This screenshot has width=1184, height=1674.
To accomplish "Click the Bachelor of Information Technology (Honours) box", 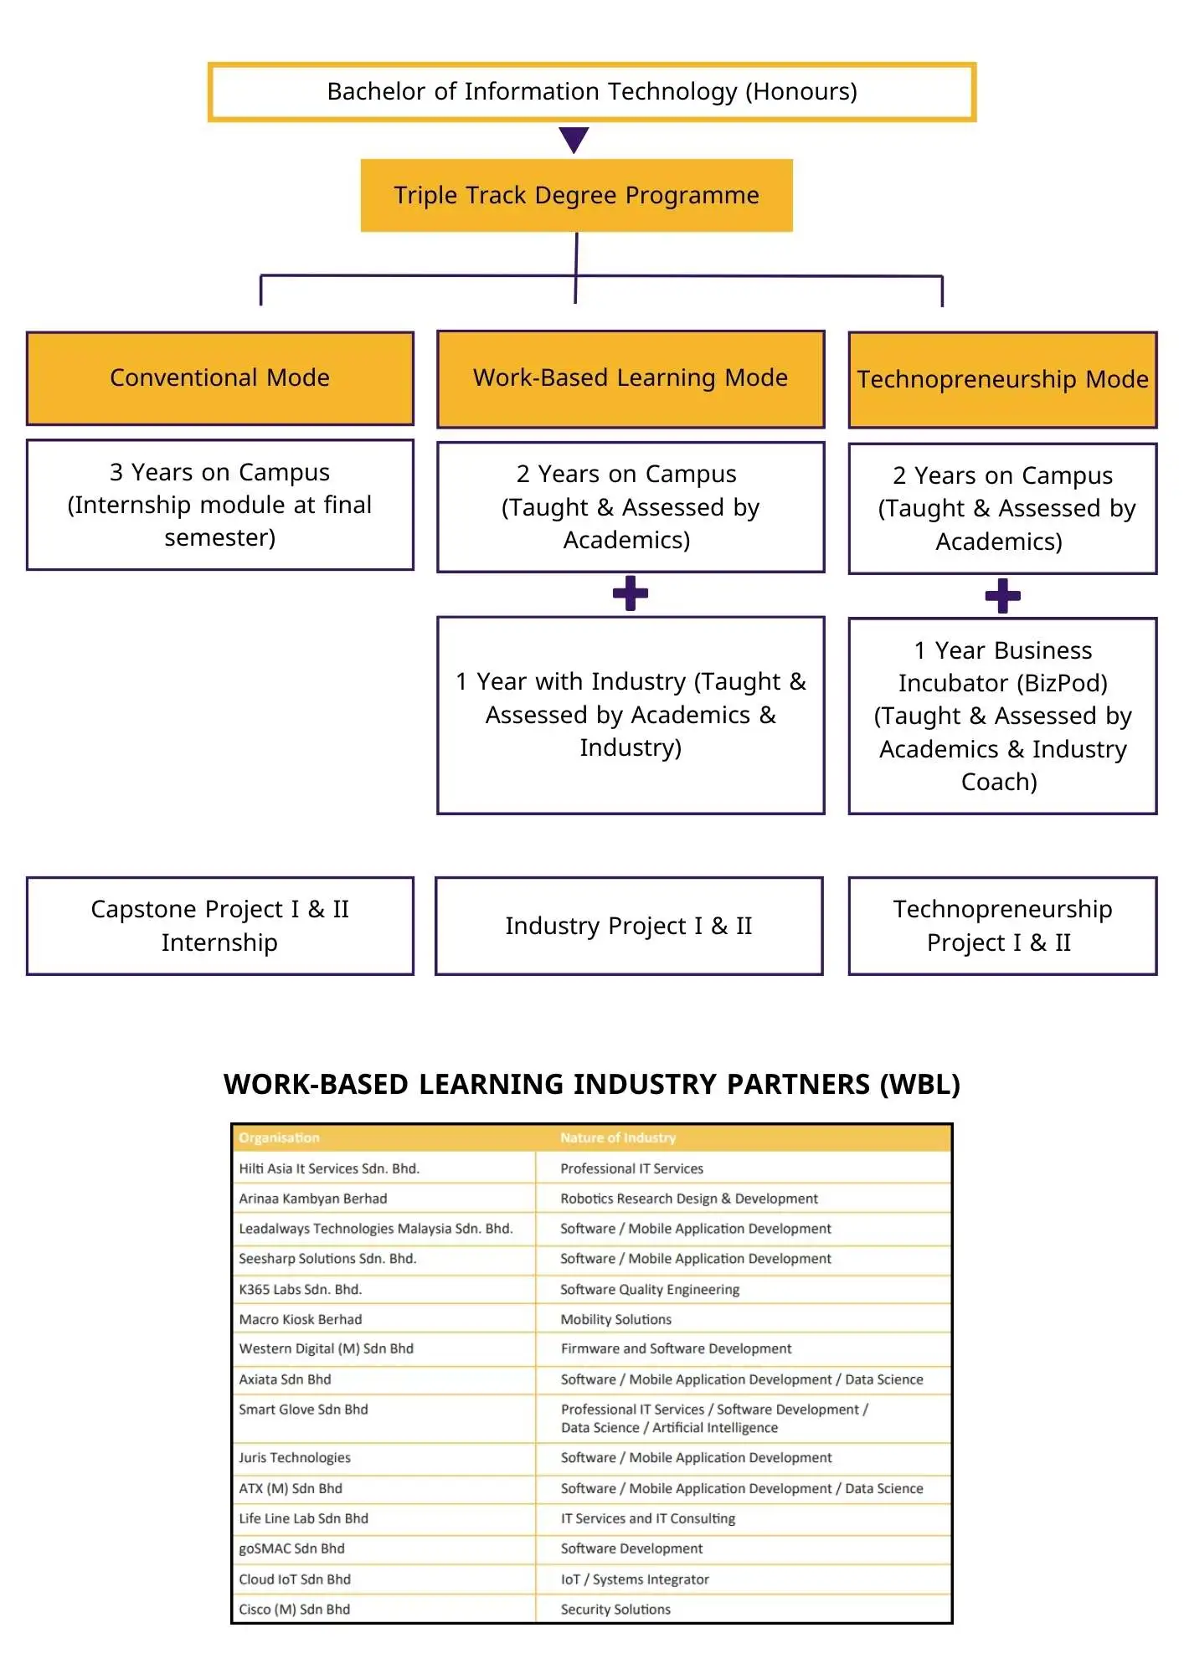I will (592, 92).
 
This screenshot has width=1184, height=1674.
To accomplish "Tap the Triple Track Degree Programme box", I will (576, 196).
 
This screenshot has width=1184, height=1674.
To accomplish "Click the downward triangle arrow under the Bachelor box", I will (574, 139).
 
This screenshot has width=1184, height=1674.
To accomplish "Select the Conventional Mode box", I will (219, 378).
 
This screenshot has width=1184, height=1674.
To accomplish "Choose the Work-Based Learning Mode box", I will (631, 378).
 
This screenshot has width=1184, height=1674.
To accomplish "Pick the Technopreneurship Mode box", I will (1002, 380).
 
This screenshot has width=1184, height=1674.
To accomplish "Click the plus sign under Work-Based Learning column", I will (631, 593).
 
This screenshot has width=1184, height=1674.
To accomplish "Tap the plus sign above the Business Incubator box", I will (1002, 596).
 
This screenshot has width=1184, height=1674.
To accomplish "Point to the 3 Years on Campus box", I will (219, 505).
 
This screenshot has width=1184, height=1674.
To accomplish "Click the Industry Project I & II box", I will (629, 926).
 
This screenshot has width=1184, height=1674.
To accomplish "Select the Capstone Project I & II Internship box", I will (219, 926).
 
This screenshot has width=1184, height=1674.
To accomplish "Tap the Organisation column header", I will (280, 1138).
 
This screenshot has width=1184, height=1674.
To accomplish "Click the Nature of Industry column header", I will (618, 1138).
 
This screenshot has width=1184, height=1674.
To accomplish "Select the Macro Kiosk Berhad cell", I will (301, 1320).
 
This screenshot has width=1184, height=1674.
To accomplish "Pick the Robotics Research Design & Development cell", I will (689, 1199).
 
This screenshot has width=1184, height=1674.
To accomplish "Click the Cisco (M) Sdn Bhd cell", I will (295, 1610).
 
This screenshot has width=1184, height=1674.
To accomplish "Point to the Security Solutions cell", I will (615, 1610).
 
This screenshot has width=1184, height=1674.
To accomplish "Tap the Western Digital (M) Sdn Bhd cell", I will (327, 1349).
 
